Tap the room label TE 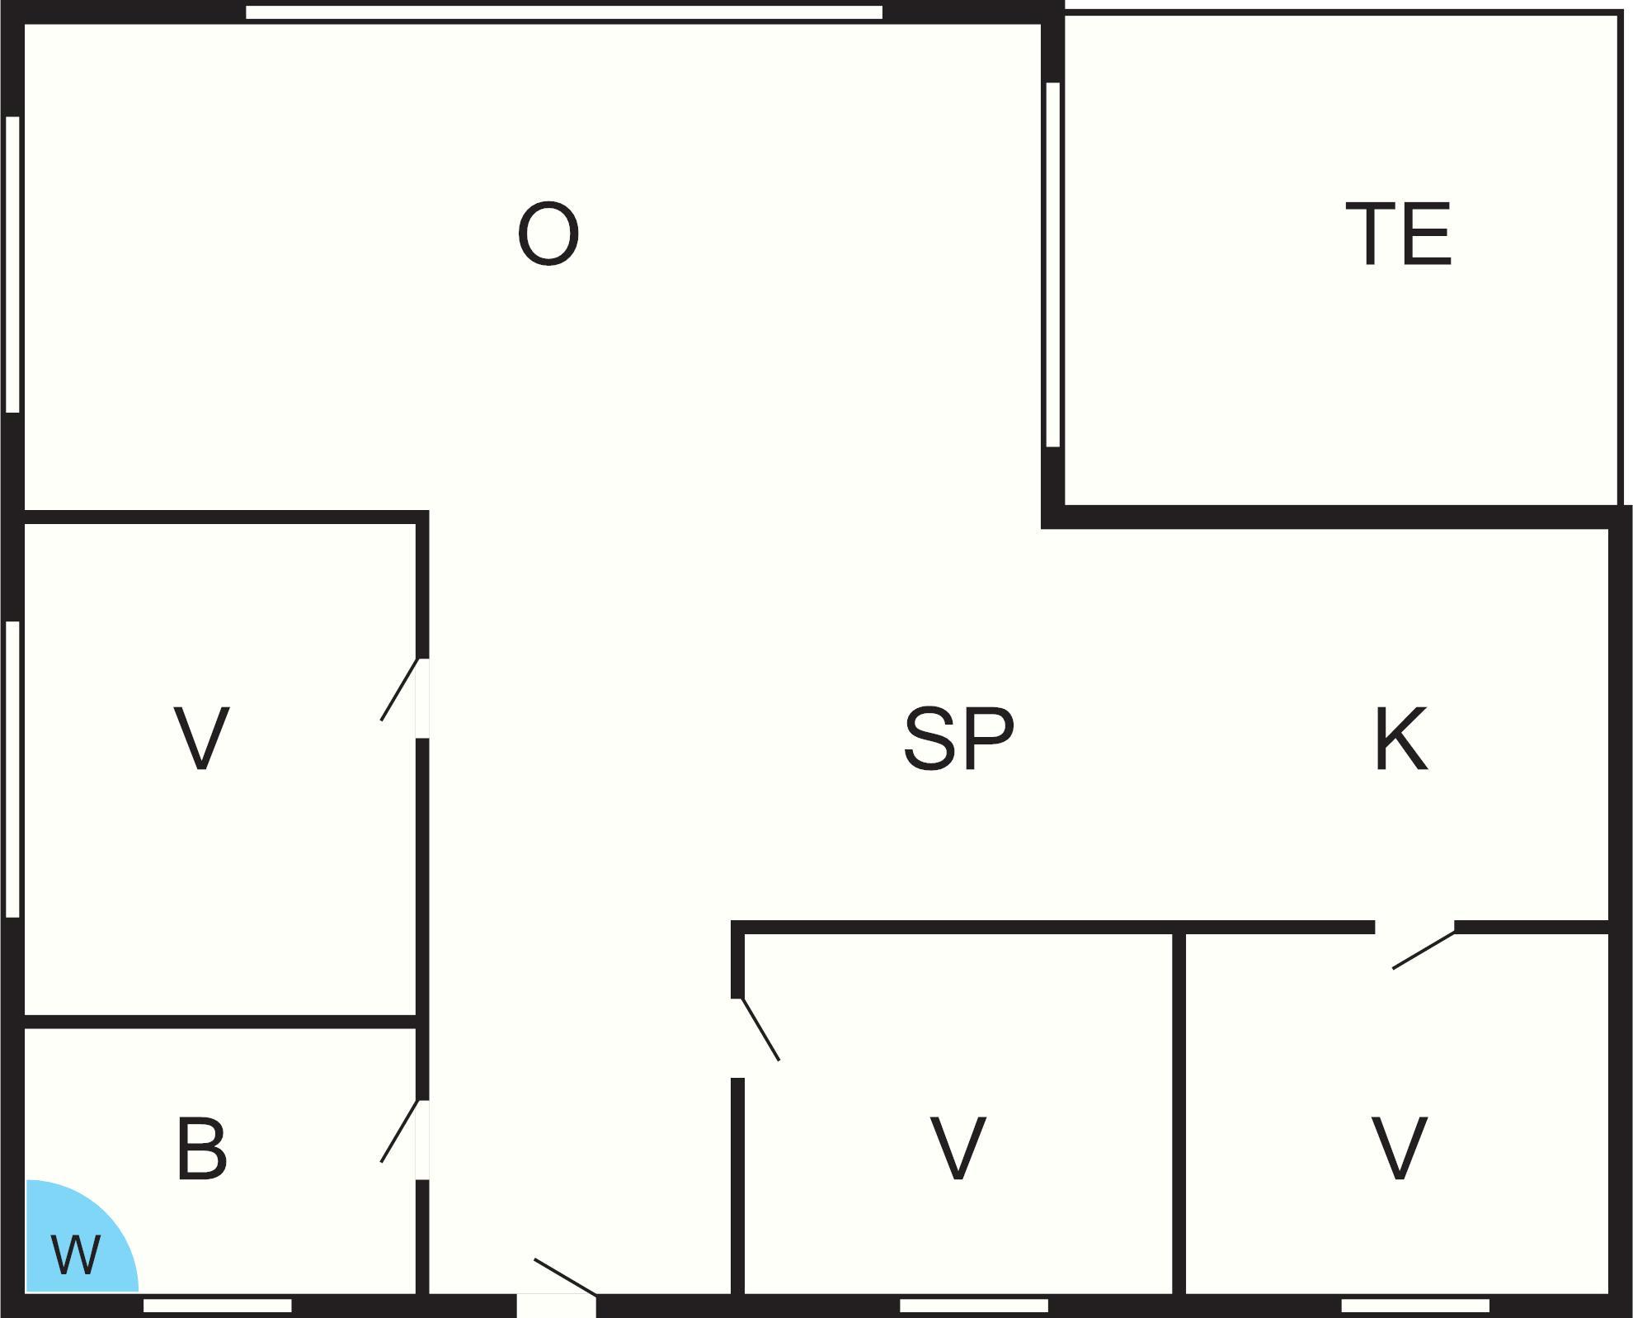[1398, 234]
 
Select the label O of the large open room [548, 234]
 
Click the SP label [959, 739]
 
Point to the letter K [1400, 739]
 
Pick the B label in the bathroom [202, 1148]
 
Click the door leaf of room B [400, 1131]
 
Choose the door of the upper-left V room [400, 690]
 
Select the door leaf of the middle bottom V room [760, 1029]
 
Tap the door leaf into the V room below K [1424, 949]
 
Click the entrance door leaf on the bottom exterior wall [566, 1278]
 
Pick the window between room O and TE [1052, 265]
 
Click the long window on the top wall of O [564, 12]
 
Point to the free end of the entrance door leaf [535, 1259]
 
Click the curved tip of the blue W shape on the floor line [139, 1291]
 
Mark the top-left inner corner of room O [25, 24]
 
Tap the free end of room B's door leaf [381, 1162]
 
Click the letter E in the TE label [1428, 234]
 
